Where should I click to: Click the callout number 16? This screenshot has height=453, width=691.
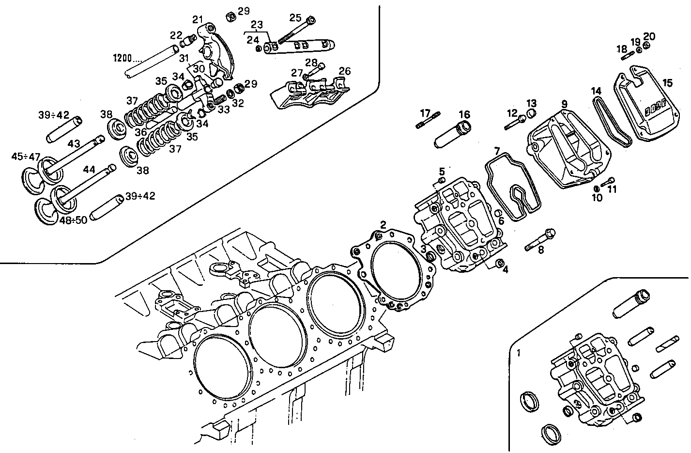(x=464, y=115)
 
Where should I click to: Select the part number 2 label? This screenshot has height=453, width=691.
(x=383, y=224)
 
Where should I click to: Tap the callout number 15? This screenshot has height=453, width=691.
(x=667, y=83)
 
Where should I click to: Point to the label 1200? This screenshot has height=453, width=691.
(x=122, y=58)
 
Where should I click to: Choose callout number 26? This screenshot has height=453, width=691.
(x=344, y=71)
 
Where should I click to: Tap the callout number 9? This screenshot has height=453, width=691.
(x=564, y=104)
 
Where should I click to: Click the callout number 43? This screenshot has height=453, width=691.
(x=74, y=144)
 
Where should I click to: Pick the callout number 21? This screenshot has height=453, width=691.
(x=197, y=19)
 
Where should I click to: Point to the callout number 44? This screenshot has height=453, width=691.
(x=89, y=170)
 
